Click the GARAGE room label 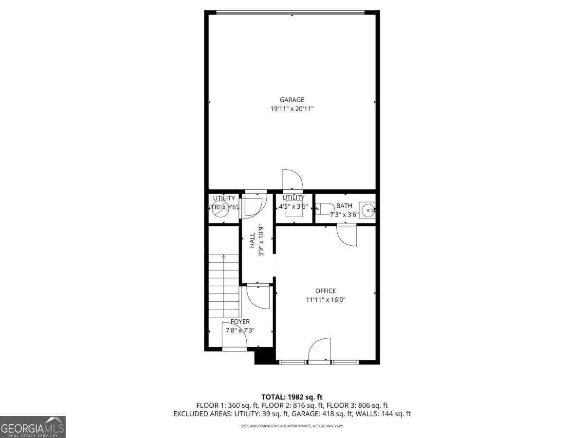pyautogui.click(x=292, y=100)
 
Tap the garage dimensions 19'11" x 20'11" pyautogui.click(x=292, y=109)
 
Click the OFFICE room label pyautogui.click(x=326, y=291)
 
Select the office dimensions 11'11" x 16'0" pyautogui.click(x=326, y=300)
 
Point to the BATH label pyautogui.click(x=344, y=206)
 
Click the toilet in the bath pyautogui.click(x=325, y=209)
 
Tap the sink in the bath pyautogui.click(x=368, y=210)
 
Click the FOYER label pyautogui.click(x=240, y=322)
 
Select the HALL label pyautogui.click(x=253, y=240)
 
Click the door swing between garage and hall pyautogui.click(x=292, y=180)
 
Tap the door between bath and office pyautogui.click(x=347, y=235)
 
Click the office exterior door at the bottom pyautogui.click(x=320, y=350)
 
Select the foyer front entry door pyautogui.click(x=235, y=336)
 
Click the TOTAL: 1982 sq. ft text pyautogui.click(x=292, y=397)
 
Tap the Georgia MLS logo pyautogui.click(x=33, y=427)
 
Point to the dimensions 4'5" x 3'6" pyautogui.click(x=293, y=206)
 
